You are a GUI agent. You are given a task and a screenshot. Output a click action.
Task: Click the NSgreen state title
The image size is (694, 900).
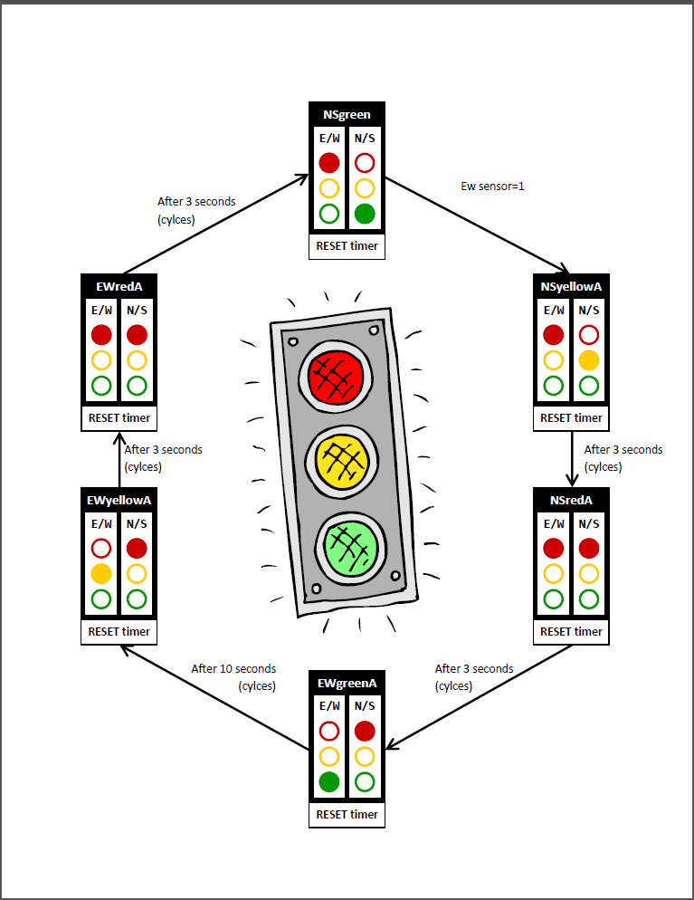[347, 114]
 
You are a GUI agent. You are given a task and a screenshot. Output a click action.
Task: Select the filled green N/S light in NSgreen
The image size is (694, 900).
[365, 215]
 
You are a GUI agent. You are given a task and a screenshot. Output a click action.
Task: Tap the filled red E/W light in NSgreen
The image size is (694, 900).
[329, 163]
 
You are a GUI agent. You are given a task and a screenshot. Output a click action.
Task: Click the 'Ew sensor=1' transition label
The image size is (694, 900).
[493, 187]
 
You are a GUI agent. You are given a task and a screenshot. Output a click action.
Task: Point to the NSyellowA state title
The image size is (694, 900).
[571, 287]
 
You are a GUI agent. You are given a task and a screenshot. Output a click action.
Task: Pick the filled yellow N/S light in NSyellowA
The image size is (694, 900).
[589, 360]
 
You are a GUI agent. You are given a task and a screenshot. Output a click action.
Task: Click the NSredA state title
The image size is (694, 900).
[571, 501]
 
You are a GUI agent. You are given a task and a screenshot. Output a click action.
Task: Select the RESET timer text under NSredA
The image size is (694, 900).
[571, 631]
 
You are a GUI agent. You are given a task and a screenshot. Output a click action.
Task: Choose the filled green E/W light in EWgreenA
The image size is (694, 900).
[329, 782]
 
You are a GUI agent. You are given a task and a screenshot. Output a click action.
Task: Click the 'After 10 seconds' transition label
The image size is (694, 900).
[233, 669]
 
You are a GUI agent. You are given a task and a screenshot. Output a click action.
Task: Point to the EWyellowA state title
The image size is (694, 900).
[119, 501]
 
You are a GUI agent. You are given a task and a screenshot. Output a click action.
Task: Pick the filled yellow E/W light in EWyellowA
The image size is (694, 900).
[101, 573]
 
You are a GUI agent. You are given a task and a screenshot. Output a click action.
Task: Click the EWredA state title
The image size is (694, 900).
[119, 287]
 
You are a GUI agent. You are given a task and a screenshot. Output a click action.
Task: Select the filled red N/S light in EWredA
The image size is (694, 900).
[137, 334]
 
